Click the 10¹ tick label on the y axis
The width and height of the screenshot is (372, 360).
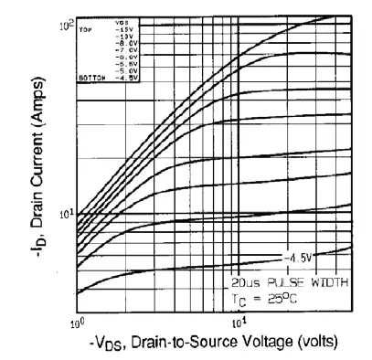click(x=65, y=213)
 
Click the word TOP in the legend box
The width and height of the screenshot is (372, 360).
click(x=89, y=29)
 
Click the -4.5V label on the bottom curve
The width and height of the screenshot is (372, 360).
click(x=298, y=257)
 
